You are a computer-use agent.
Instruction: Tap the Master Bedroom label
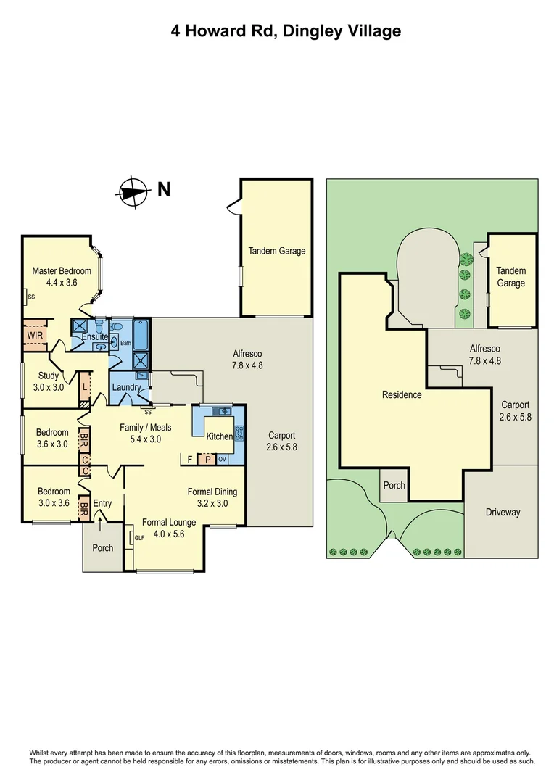(62, 271)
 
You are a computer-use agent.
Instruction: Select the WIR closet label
(34, 336)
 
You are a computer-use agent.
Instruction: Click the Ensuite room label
(95, 337)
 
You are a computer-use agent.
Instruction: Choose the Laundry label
(126, 388)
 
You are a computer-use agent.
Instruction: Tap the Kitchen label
(220, 436)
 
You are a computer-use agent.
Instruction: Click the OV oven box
(222, 459)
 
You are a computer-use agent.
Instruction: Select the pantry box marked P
(207, 459)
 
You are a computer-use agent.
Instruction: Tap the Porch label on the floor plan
(103, 548)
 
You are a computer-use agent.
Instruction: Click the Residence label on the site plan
(402, 395)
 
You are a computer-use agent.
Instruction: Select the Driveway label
(503, 513)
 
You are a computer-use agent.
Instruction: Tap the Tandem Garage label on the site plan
(510, 276)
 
